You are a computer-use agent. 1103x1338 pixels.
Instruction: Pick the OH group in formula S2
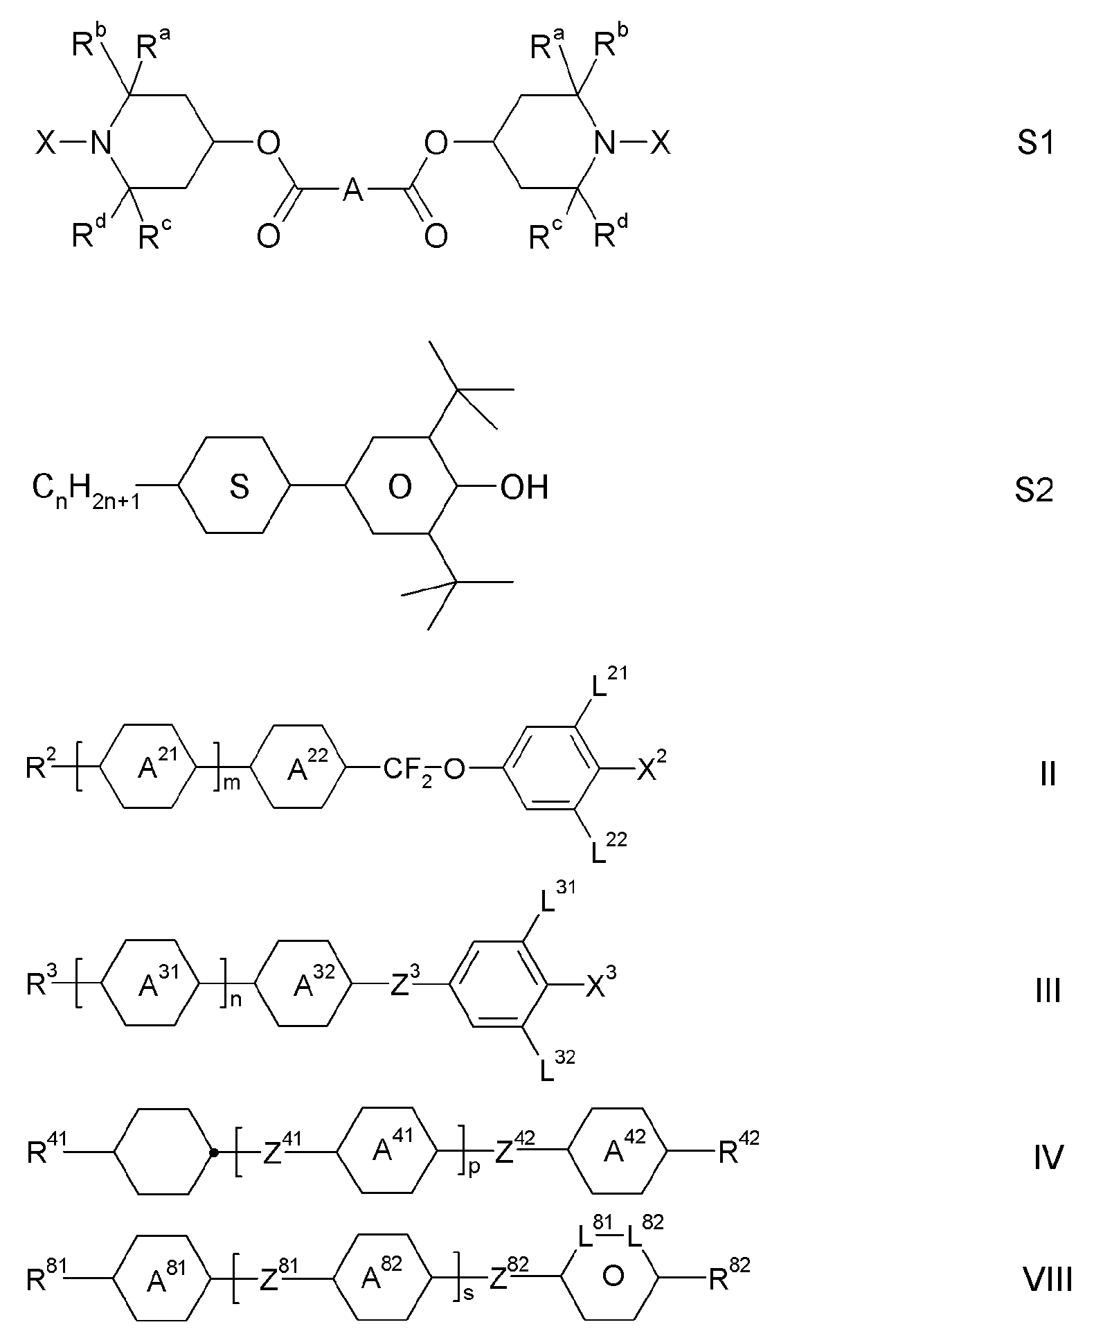pos(524,487)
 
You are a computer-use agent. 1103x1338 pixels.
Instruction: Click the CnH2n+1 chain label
pos(86,490)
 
